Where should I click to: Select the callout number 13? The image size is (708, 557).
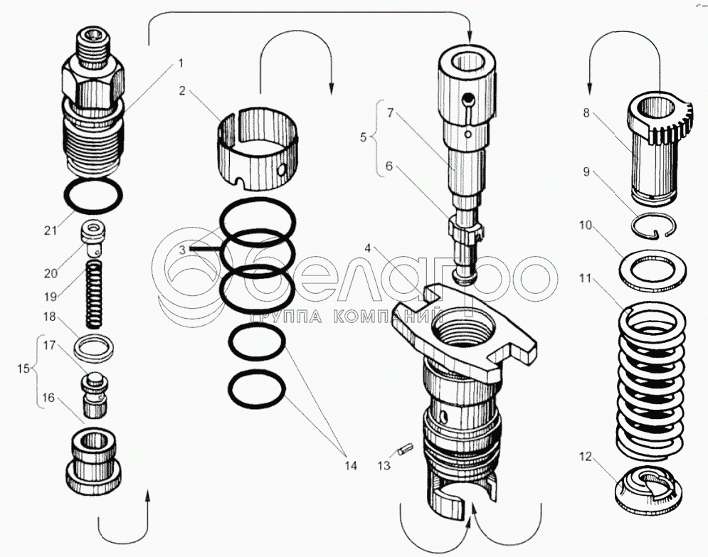[x=384, y=466]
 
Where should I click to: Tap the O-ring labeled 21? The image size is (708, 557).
[x=93, y=196]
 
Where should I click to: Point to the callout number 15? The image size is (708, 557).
[x=24, y=369]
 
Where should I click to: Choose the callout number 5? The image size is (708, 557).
[x=364, y=137]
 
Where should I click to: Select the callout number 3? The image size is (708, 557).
[x=183, y=250]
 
